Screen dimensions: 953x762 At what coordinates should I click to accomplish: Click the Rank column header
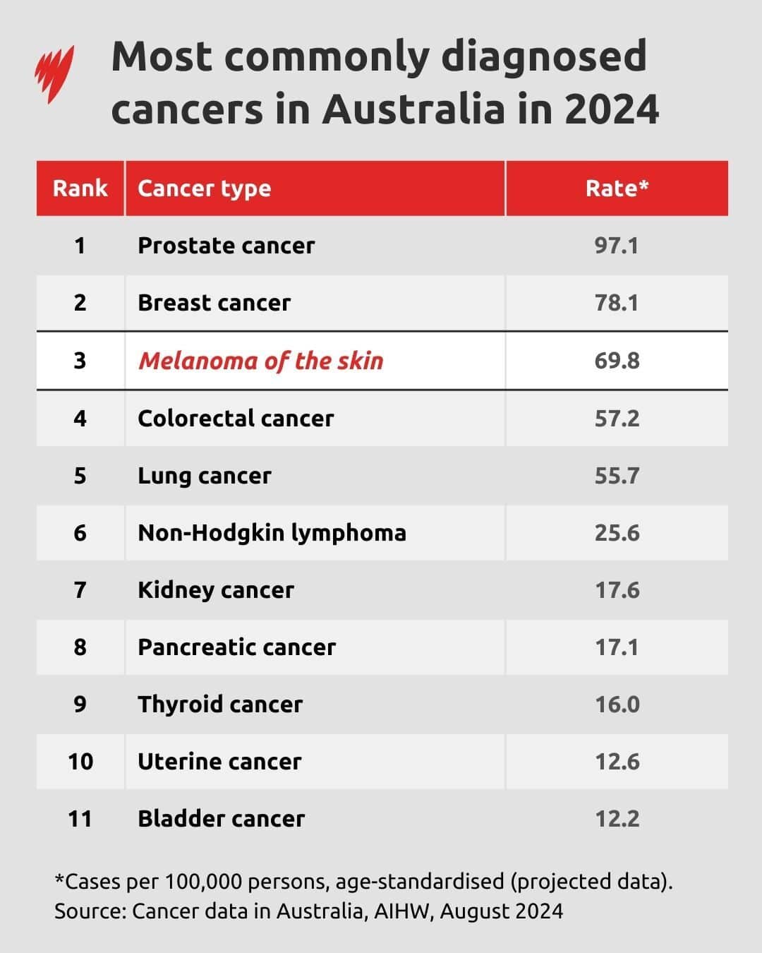(80, 188)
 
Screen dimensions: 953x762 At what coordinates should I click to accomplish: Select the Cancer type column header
(204, 188)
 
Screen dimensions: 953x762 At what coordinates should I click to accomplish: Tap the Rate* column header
(617, 188)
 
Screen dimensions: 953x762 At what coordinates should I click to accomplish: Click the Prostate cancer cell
(226, 246)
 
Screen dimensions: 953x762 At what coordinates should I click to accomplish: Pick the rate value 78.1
(617, 303)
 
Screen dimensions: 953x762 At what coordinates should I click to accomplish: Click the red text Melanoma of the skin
(260, 361)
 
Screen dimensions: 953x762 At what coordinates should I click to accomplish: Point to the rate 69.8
(617, 361)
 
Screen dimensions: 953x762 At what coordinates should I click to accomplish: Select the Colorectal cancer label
(236, 418)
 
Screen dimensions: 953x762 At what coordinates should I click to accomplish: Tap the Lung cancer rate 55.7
(617, 476)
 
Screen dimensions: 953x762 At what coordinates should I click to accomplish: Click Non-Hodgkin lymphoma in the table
(272, 532)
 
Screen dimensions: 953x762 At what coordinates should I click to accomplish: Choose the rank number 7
(80, 589)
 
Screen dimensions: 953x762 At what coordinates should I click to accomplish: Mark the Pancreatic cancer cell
(236, 647)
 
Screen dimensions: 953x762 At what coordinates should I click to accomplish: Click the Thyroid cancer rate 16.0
(617, 705)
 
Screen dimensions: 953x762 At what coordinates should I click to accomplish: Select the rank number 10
(80, 762)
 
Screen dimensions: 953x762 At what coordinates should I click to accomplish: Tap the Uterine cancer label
(219, 762)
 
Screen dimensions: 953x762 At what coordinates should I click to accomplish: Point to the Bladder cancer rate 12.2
(617, 819)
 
